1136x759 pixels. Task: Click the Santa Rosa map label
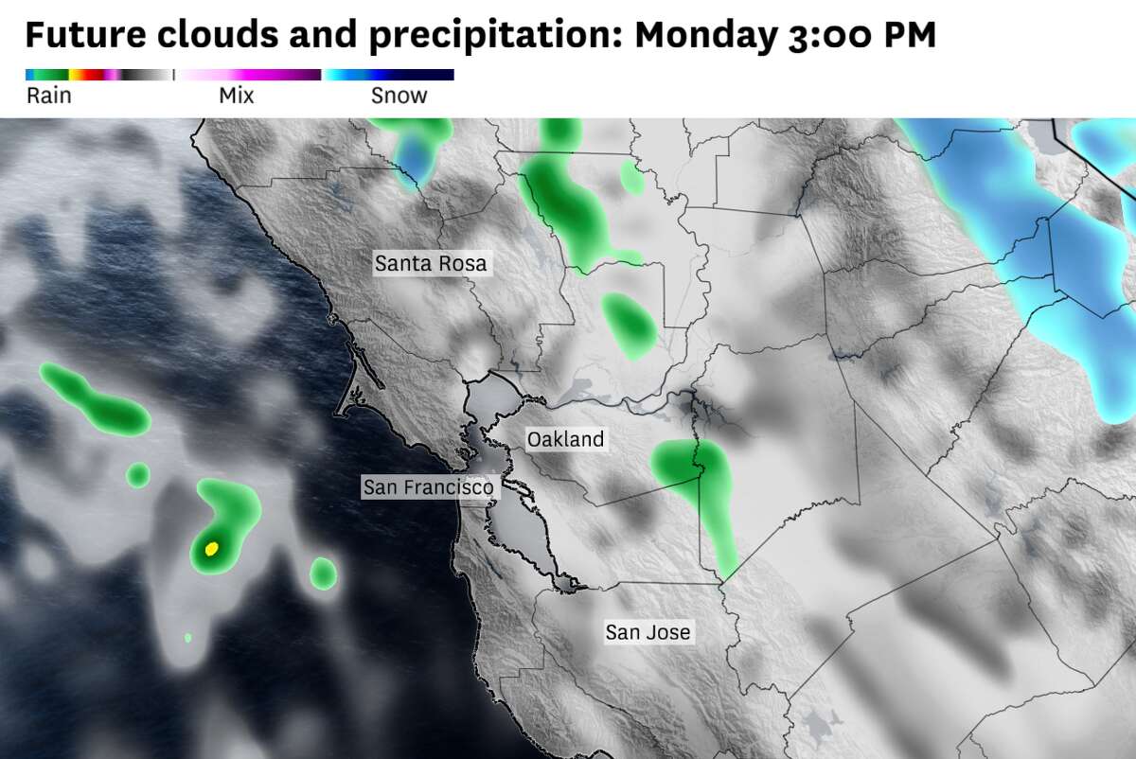[x=431, y=263]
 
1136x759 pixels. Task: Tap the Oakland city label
[x=565, y=439]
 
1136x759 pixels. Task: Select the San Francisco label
[x=429, y=487]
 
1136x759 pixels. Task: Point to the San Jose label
[x=648, y=631]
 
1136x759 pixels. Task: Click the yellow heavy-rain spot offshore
[x=212, y=548]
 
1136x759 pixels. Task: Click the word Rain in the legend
[x=49, y=96]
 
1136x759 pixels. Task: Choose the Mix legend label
[x=236, y=96]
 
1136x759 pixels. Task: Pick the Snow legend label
[x=399, y=96]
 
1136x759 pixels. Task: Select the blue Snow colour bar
[x=389, y=74]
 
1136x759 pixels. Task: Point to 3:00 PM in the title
[x=861, y=36]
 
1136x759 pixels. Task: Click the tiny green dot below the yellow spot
[x=187, y=638]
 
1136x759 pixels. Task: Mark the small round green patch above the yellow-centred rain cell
[x=138, y=474]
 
